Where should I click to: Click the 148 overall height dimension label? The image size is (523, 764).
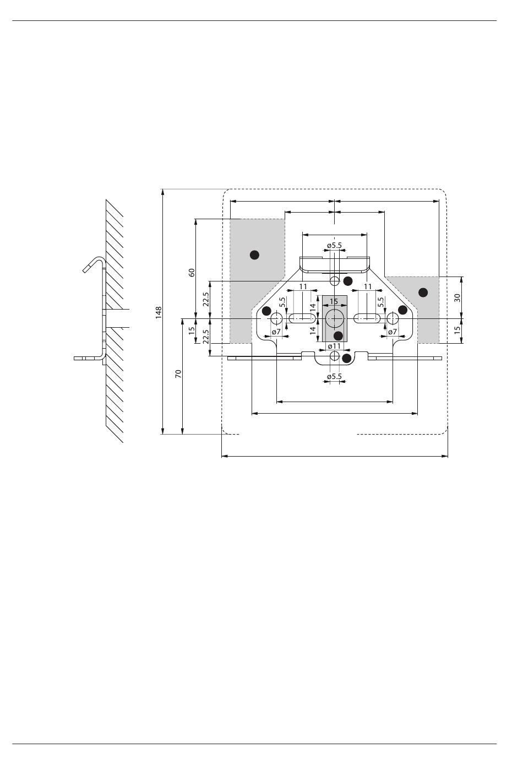pos(159,312)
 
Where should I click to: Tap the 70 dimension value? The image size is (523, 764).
pos(178,373)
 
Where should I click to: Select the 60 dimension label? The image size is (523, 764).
pos(192,273)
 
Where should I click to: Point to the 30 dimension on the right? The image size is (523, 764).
pos(457,298)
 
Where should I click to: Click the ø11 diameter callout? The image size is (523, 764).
pos(334,346)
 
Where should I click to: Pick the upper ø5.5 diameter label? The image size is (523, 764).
pos(334,245)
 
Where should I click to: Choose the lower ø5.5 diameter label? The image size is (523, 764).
pos(334,377)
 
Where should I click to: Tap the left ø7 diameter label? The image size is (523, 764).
pos(276,332)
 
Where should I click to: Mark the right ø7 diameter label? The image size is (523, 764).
pos(393,332)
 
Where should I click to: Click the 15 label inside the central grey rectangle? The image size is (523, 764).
pos(334,301)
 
